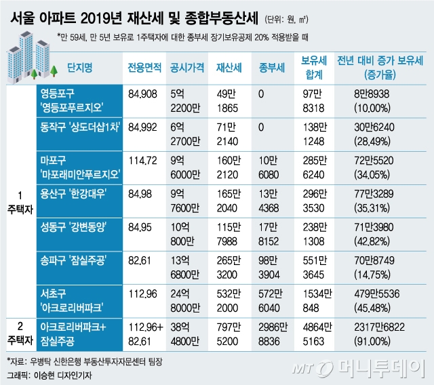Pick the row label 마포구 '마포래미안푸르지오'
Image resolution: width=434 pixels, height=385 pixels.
click(x=79, y=166)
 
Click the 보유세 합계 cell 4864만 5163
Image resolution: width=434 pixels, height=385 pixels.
click(x=318, y=331)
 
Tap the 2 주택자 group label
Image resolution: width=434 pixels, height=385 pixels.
click(x=19, y=331)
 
